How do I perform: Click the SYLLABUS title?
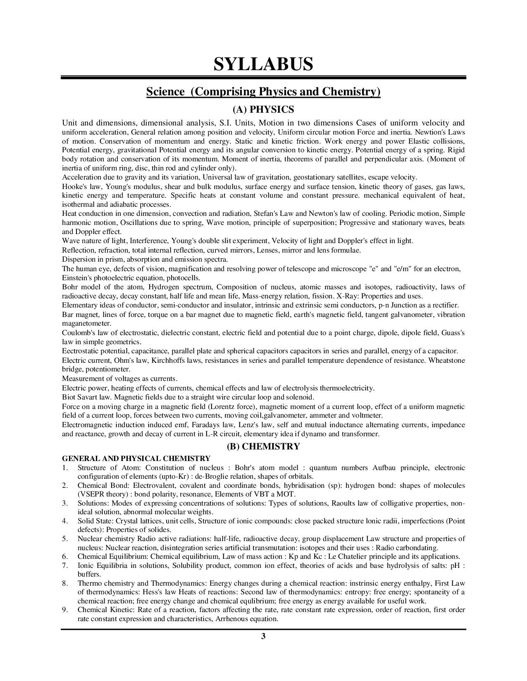click(x=263, y=64)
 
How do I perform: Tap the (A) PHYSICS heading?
click(x=263, y=109)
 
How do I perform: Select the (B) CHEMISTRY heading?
click(x=263, y=446)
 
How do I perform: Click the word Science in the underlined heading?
click(x=165, y=92)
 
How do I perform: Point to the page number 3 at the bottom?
click(x=263, y=636)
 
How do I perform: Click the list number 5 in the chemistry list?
click(x=65, y=539)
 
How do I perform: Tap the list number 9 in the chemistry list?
click(x=65, y=610)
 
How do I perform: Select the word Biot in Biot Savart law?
click(x=69, y=397)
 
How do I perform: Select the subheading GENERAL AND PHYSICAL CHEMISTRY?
click(x=136, y=459)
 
